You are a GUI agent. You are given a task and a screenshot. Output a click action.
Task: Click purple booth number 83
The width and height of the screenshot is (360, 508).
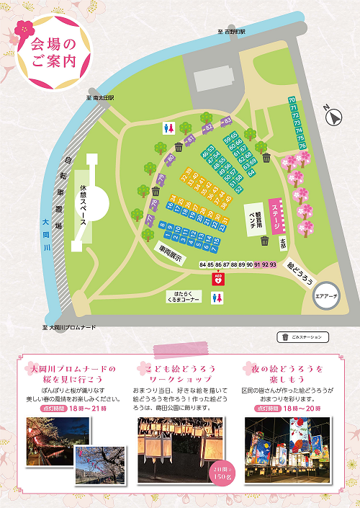[227, 120]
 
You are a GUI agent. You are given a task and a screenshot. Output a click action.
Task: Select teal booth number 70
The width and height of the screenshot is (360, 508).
[292, 99]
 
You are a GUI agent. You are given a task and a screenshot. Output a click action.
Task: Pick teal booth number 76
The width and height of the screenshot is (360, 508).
[302, 146]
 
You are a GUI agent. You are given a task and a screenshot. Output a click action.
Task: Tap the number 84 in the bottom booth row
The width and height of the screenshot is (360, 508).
[204, 265]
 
